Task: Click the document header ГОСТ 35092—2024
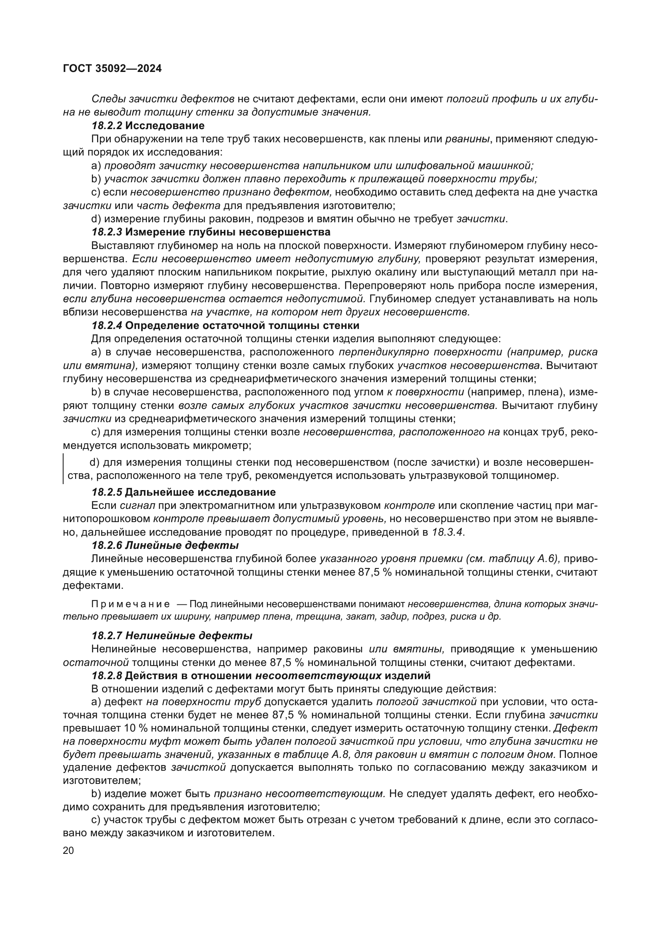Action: point(112,68)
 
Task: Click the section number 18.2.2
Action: point(107,126)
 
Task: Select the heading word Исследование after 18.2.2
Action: point(165,126)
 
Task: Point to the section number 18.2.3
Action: point(107,232)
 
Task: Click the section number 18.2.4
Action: point(107,325)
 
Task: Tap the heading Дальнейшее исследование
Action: point(200,492)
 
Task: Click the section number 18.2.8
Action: point(107,676)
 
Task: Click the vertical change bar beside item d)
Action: point(64,469)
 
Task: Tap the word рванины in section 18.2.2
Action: point(467,139)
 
